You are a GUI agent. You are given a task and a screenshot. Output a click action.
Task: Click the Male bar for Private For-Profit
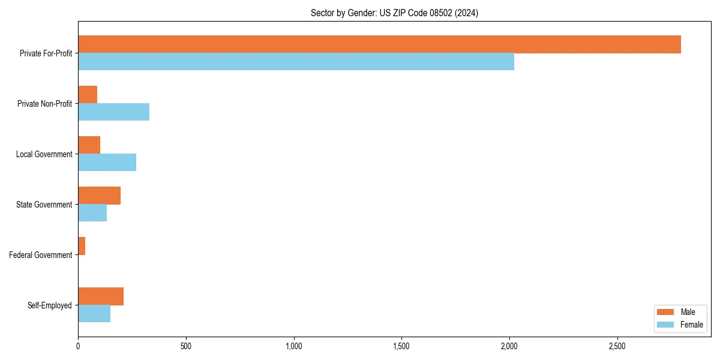(379, 44)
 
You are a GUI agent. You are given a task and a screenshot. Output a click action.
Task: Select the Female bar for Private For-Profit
(296, 62)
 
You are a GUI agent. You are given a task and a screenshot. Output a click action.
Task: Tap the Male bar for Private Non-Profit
(88, 95)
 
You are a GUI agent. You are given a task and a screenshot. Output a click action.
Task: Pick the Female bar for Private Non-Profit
(113, 112)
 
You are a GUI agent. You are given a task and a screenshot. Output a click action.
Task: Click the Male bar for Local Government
(89, 145)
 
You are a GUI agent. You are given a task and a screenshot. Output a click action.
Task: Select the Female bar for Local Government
(107, 163)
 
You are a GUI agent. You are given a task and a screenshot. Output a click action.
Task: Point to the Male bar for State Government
(99, 196)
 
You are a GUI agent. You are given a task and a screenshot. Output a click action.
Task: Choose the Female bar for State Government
(92, 213)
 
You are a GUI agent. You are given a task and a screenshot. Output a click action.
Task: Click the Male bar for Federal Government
(82, 246)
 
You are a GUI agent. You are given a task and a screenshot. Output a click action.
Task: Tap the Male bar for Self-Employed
(101, 296)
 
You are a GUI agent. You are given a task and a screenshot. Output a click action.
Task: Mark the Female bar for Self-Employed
(94, 314)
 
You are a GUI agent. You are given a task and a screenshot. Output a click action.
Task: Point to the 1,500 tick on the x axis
(401, 346)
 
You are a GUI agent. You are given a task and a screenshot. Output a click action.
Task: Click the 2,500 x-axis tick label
(617, 346)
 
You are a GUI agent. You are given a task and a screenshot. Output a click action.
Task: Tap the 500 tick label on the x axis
(185, 346)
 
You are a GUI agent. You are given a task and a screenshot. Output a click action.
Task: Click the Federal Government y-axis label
(41, 255)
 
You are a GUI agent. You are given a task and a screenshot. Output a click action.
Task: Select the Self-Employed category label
(50, 305)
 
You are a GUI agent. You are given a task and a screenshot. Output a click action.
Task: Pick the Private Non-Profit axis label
(44, 104)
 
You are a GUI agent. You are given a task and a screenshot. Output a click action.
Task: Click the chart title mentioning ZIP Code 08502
(394, 13)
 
